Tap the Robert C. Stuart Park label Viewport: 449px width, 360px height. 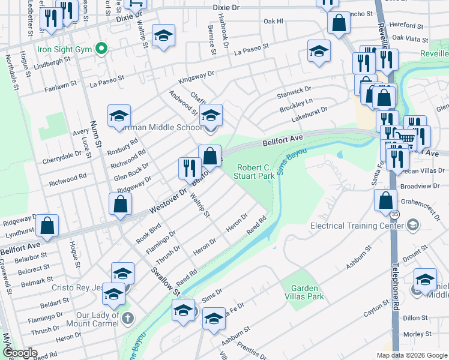[x=256, y=172]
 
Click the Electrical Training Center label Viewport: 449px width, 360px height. [x=356, y=226]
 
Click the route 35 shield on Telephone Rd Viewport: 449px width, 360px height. [x=394, y=214]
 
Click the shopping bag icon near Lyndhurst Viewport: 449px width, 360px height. [x=47, y=226]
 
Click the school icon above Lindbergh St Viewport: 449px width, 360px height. [x=163, y=35]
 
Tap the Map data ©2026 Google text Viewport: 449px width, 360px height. [x=411, y=355]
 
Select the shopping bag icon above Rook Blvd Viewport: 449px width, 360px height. [x=121, y=204]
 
